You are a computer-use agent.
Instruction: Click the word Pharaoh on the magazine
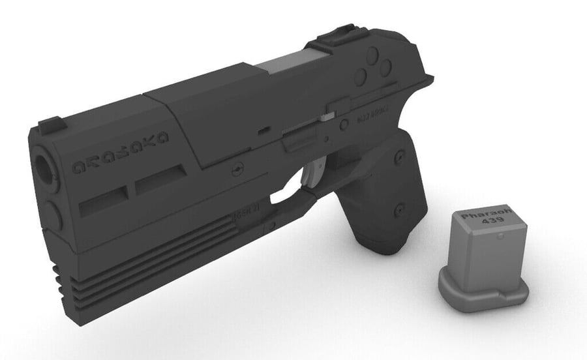click(x=482, y=215)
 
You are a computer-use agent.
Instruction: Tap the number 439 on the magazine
click(x=483, y=223)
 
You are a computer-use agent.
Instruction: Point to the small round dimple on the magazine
click(x=500, y=239)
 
